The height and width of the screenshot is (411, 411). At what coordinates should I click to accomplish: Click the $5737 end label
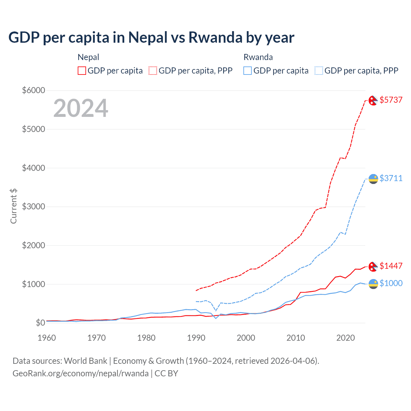(x=391, y=100)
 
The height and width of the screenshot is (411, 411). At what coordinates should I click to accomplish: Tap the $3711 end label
(x=391, y=178)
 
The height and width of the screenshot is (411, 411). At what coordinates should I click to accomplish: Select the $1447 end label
(x=391, y=266)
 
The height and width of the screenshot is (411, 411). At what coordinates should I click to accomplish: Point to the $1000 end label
(x=391, y=283)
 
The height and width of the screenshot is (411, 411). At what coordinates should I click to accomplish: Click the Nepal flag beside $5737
(x=373, y=101)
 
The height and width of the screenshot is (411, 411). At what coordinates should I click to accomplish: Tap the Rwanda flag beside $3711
(x=373, y=179)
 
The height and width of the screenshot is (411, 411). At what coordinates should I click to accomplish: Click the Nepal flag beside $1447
(x=373, y=267)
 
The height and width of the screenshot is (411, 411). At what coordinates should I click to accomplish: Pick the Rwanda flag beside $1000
(x=373, y=284)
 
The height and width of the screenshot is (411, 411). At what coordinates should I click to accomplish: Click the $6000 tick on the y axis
(x=33, y=90)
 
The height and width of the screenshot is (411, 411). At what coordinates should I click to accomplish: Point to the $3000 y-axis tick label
(x=33, y=206)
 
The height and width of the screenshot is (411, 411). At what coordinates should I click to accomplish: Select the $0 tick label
(x=40, y=323)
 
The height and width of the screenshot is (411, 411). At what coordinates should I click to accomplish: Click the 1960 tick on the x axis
(x=47, y=338)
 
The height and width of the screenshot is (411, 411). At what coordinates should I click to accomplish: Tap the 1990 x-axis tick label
(x=196, y=338)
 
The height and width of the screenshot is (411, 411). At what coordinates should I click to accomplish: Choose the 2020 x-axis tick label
(x=345, y=338)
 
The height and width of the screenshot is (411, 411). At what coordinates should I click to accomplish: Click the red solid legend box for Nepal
(x=82, y=71)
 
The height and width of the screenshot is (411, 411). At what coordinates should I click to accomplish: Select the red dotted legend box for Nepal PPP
(x=153, y=71)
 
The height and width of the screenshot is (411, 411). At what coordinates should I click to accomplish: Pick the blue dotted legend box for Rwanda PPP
(x=319, y=71)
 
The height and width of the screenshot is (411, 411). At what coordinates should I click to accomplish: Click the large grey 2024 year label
(x=81, y=108)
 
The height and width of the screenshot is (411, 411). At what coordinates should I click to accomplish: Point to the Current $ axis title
(x=13, y=206)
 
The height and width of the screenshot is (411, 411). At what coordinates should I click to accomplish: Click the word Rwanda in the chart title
(x=215, y=37)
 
